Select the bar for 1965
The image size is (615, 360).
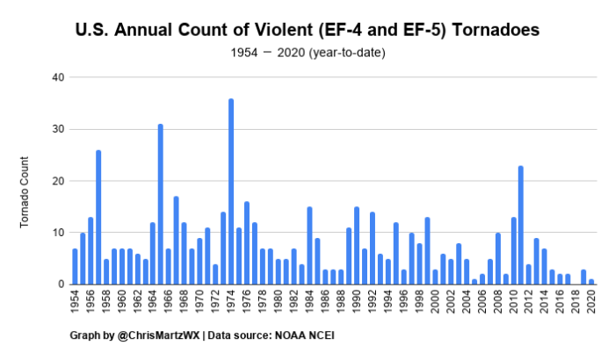[161, 205]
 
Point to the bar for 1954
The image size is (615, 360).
[75, 267]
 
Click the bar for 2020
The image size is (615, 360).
[591, 282]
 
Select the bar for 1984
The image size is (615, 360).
[309, 246]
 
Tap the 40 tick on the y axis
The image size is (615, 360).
[61, 77]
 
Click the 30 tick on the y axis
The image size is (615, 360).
[61, 129]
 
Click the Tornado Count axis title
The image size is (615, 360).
[25, 191]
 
